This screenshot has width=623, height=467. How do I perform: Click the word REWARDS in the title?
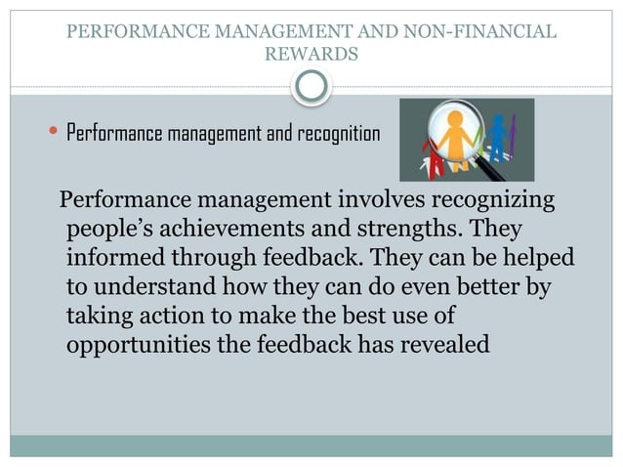point(311,55)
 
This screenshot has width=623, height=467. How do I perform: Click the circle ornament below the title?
point(311,88)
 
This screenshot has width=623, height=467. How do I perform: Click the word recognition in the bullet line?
point(332,133)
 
